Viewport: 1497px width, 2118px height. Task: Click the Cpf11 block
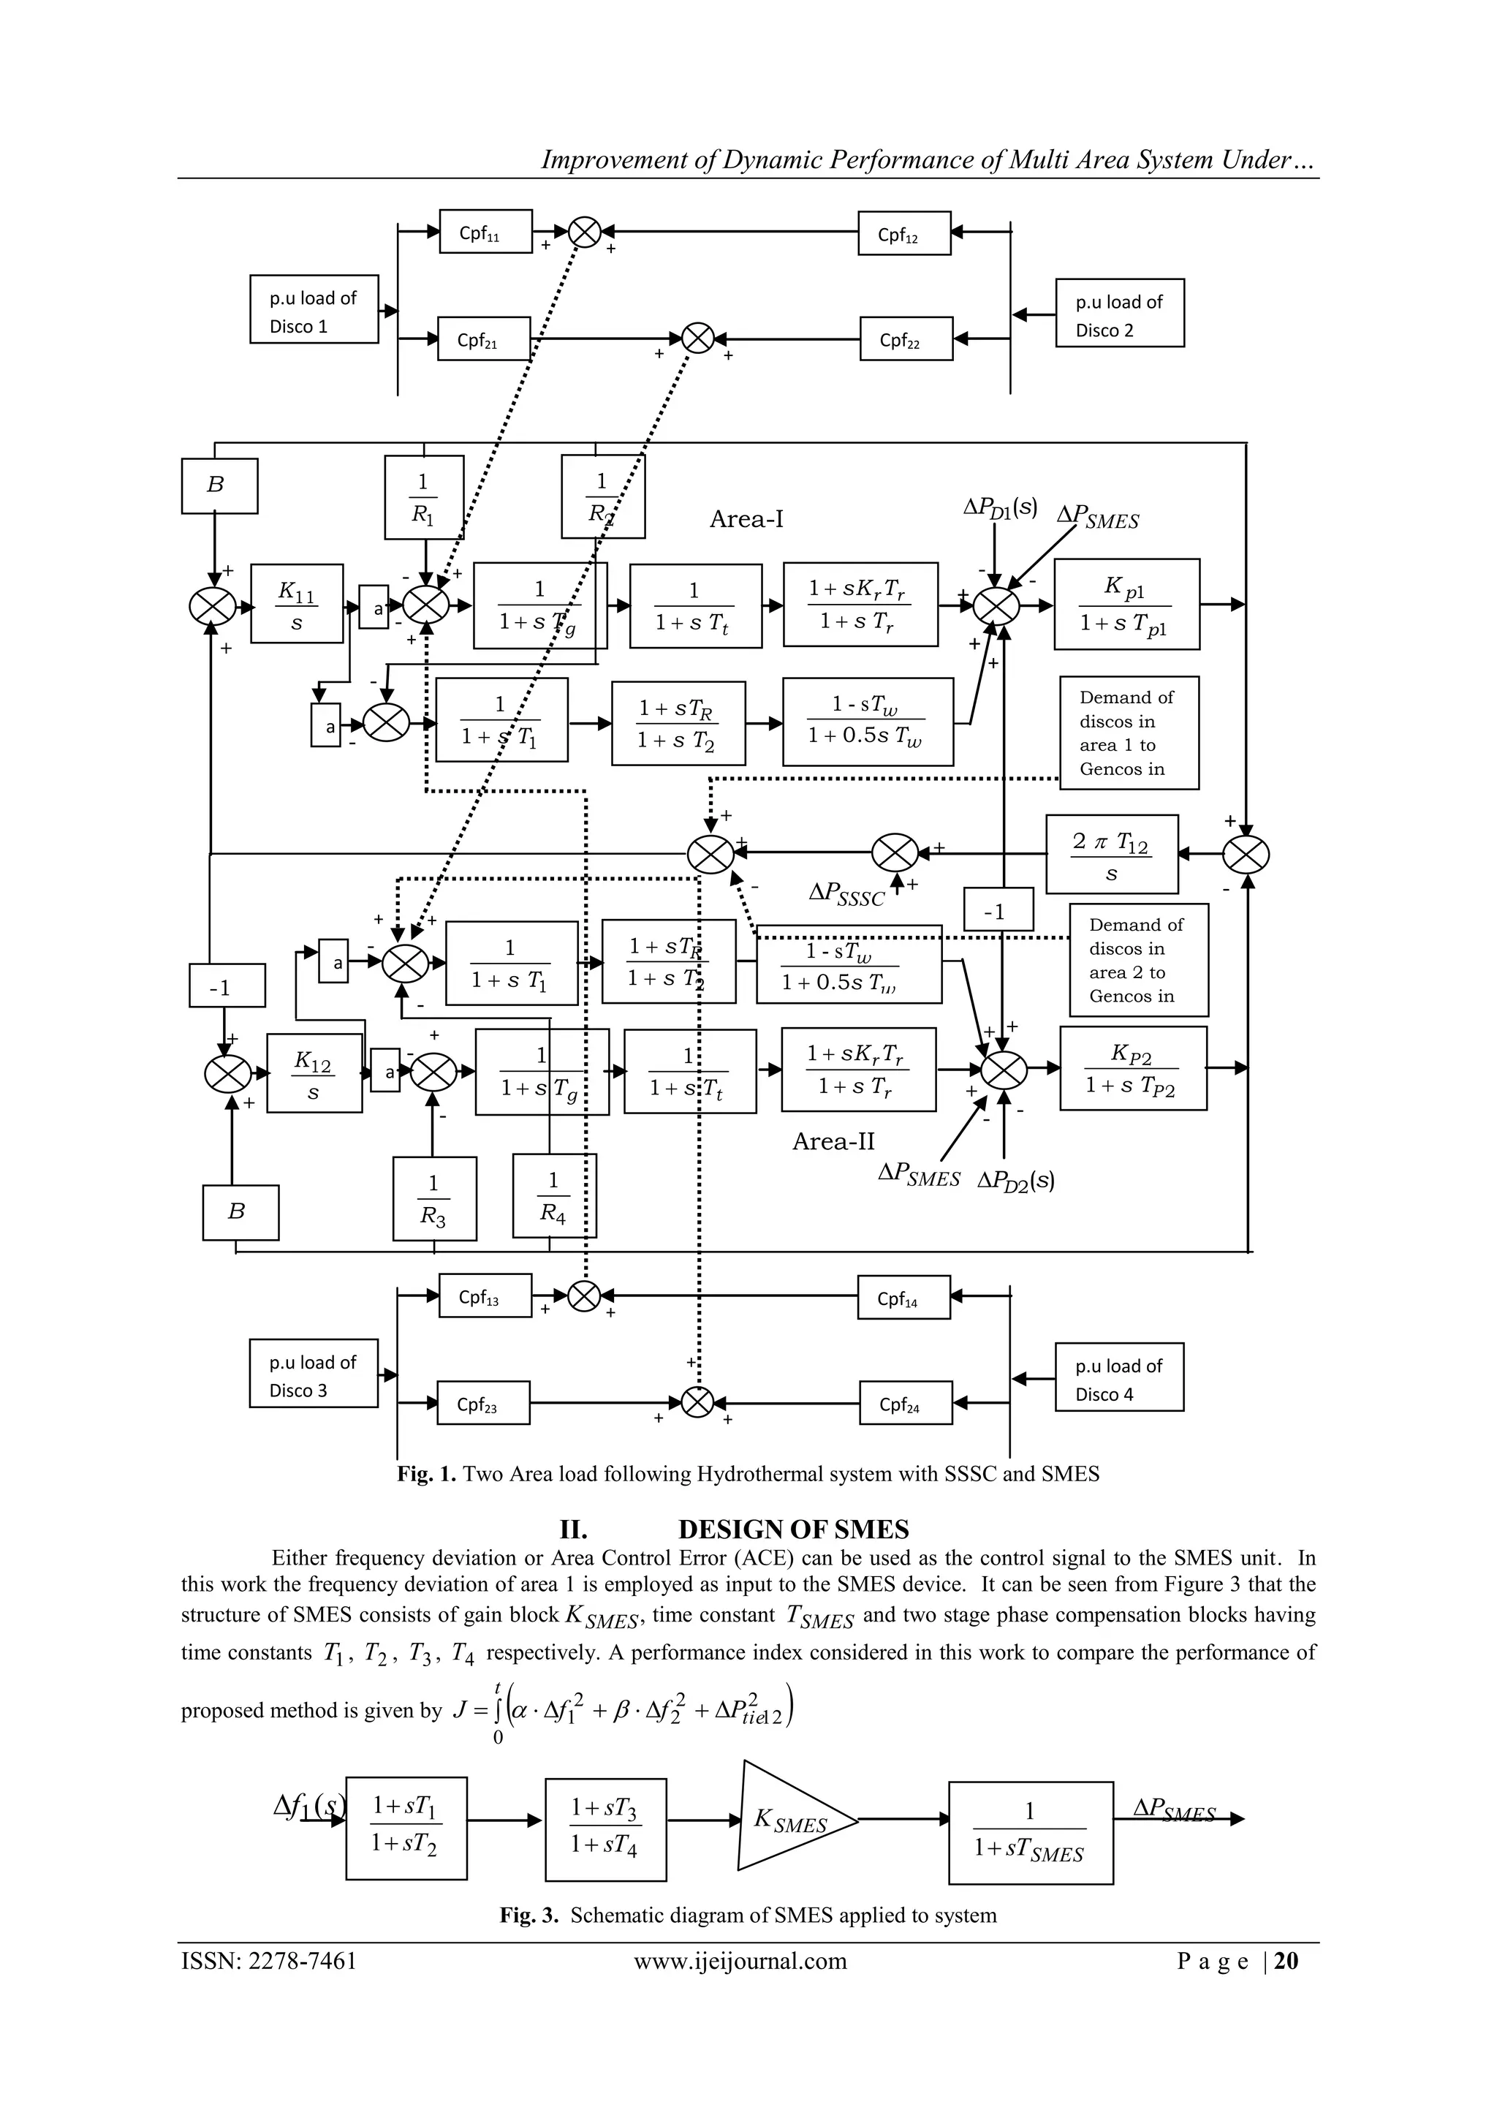coord(485,232)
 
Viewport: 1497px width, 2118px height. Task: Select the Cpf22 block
coord(905,338)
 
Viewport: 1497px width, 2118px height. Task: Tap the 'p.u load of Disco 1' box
coord(314,310)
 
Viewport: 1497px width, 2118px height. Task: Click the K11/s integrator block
coord(297,603)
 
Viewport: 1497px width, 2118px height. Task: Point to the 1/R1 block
coord(423,496)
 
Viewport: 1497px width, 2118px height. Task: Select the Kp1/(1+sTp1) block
coord(1126,604)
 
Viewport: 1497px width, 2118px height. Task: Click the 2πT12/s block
coord(1112,854)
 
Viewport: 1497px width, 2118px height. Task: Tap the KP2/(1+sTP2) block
coord(1133,1068)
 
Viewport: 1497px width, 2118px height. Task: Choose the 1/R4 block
coord(553,1195)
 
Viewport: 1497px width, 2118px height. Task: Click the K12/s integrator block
coord(314,1073)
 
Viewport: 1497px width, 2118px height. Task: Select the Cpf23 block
coord(483,1403)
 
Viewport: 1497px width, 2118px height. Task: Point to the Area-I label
coord(746,519)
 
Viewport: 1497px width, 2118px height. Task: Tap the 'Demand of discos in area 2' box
coord(1138,959)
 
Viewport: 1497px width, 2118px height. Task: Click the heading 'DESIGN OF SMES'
coord(793,1530)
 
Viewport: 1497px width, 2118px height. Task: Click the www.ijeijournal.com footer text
coord(740,1960)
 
